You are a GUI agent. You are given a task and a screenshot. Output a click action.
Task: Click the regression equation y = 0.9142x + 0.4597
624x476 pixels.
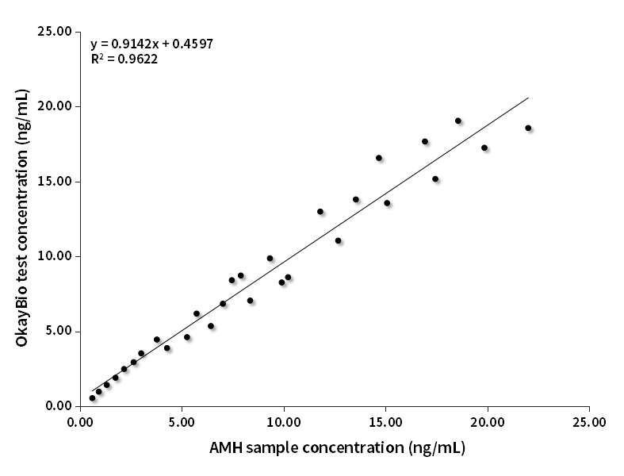point(151,43)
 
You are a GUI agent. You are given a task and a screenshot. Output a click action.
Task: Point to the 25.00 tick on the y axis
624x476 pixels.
point(54,32)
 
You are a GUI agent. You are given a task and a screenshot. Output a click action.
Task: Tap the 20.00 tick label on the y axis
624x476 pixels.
point(54,106)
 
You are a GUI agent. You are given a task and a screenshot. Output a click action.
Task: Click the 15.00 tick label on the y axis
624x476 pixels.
point(54,181)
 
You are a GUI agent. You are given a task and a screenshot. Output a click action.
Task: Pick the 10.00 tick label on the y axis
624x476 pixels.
point(54,256)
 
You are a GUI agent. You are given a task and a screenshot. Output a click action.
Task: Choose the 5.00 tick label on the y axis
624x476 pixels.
point(57,331)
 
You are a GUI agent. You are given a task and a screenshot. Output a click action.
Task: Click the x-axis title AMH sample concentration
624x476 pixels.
point(337,447)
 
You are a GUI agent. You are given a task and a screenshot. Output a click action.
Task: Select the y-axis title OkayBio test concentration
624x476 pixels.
point(22,218)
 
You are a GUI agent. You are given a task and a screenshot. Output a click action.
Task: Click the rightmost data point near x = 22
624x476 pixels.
point(528,128)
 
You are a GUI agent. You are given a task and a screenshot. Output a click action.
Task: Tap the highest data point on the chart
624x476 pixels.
point(458,121)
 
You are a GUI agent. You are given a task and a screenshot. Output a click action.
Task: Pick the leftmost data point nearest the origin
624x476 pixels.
point(92,398)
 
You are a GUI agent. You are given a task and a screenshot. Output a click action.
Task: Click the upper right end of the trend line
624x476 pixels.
point(528,98)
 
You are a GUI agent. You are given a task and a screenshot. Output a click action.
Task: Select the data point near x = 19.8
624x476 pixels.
point(484,148)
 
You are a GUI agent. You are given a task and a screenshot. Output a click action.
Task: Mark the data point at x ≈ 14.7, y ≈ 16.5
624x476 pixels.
point(379,158)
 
